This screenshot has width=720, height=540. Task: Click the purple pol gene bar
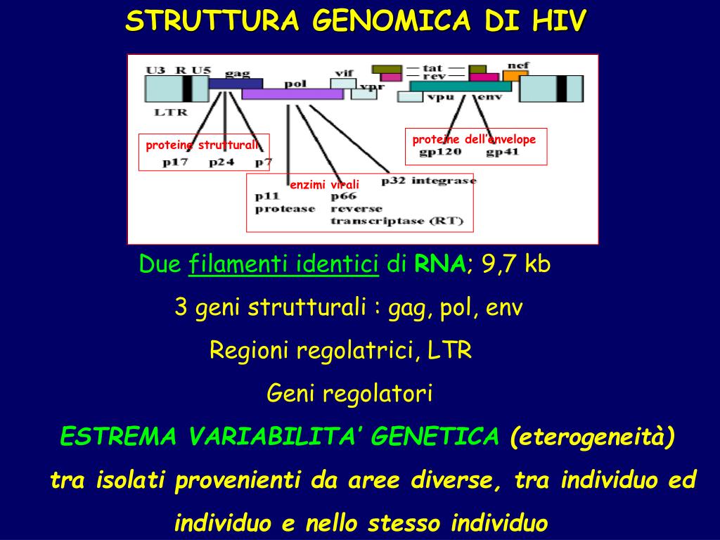tap(292, 94)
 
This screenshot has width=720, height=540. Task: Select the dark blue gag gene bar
tap(236, 83)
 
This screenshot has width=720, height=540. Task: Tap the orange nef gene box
tap(515, 75)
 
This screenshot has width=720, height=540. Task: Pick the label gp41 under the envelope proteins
tap(503, 152)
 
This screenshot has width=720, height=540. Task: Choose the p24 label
tap(221, 162)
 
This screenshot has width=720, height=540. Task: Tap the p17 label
tap(175, 162)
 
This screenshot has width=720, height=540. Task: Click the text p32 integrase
tap(428, 181)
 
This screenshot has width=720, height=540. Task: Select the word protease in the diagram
tap(285, 209)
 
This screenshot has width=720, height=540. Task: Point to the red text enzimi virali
tap(325, 185)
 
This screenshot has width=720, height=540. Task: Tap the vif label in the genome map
tap(344, 72)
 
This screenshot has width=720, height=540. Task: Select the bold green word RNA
tap(439, 264)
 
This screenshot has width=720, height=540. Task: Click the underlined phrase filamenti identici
tap(284, 264)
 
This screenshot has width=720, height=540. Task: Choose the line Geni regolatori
tap(349, 394)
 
